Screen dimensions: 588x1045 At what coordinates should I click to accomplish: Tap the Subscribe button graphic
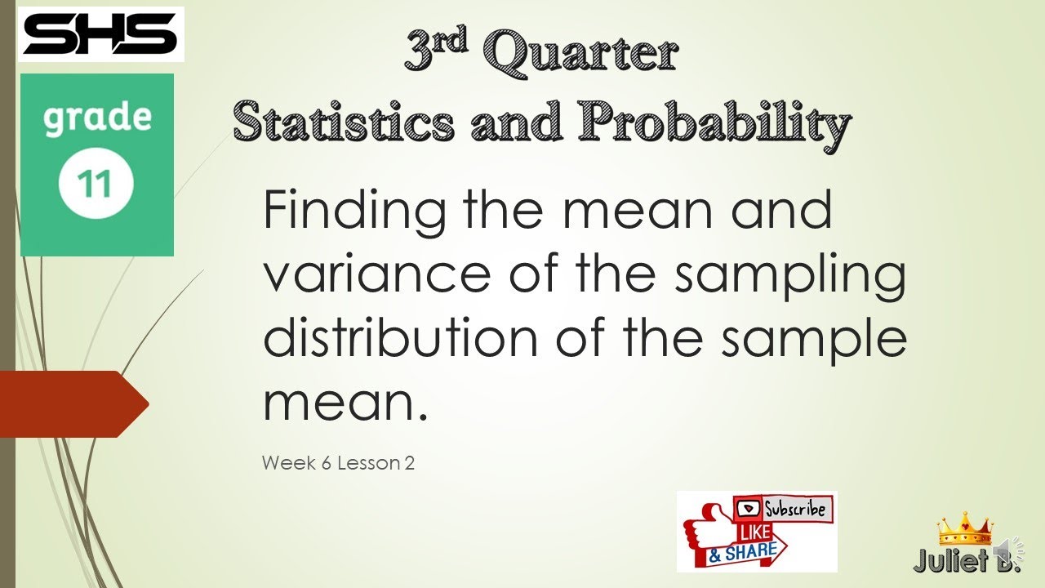[x=784, y=510]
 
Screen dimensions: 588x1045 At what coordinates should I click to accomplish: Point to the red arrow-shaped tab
[x=73, y=403]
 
